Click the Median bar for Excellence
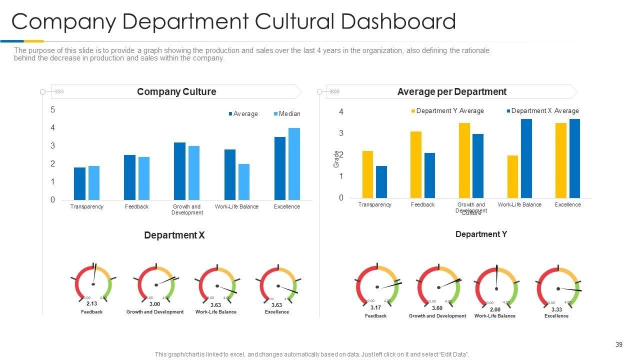coord(294,164)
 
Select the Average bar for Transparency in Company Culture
coord(79,183)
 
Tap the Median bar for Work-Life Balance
coord(243,182)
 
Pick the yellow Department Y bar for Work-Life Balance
coord(512,176)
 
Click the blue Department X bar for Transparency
coord(381,181)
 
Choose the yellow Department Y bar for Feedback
coord(415,164)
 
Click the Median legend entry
coord(287,114)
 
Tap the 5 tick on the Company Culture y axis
coord(53,110)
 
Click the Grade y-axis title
coord(336,158)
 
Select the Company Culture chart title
coord(176,92)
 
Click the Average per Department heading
coord(451,92)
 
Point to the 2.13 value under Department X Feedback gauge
coord(91,304)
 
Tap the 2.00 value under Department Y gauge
coord(495,310)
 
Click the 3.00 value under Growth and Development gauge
coord(154,304)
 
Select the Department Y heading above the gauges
coord(481,234)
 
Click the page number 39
coord(619,345)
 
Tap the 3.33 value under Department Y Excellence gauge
coord(556,310)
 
